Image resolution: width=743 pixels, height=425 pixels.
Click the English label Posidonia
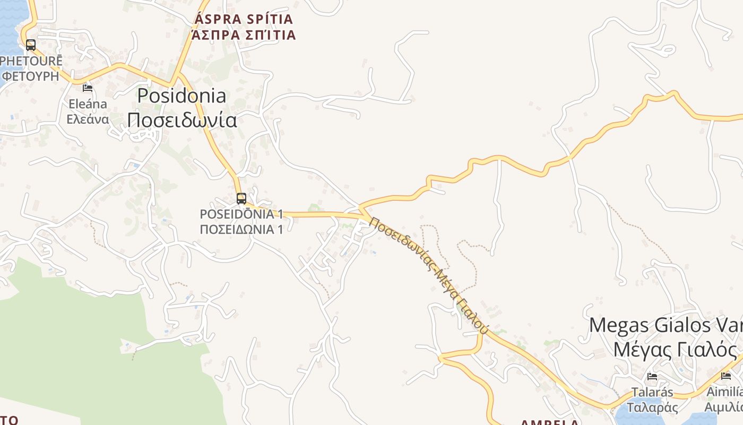(182, 96)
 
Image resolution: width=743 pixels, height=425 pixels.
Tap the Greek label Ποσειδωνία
(182, 120)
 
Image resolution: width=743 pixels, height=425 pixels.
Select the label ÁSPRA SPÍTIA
(244, 19)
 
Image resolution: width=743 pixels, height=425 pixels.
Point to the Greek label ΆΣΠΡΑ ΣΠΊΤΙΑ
(244, 35)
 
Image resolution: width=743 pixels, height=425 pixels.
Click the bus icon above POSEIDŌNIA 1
(241, 199)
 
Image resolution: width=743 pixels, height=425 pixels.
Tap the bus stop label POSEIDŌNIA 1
(241, 214)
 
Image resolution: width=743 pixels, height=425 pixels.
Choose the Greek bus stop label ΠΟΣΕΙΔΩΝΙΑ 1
(241, 229)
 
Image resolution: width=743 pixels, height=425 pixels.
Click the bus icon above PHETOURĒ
(31, 45)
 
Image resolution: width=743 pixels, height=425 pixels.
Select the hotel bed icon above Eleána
(88, 88)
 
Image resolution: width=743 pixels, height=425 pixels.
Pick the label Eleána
(88, 104)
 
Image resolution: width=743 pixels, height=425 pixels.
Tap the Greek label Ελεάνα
(88, 118)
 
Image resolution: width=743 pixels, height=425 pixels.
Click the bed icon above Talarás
(652, 377)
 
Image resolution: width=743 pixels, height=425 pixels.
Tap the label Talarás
(652, 393)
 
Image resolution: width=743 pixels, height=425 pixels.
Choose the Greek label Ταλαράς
(652, 407)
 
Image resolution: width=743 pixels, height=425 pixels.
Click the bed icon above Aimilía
(726, 376)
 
